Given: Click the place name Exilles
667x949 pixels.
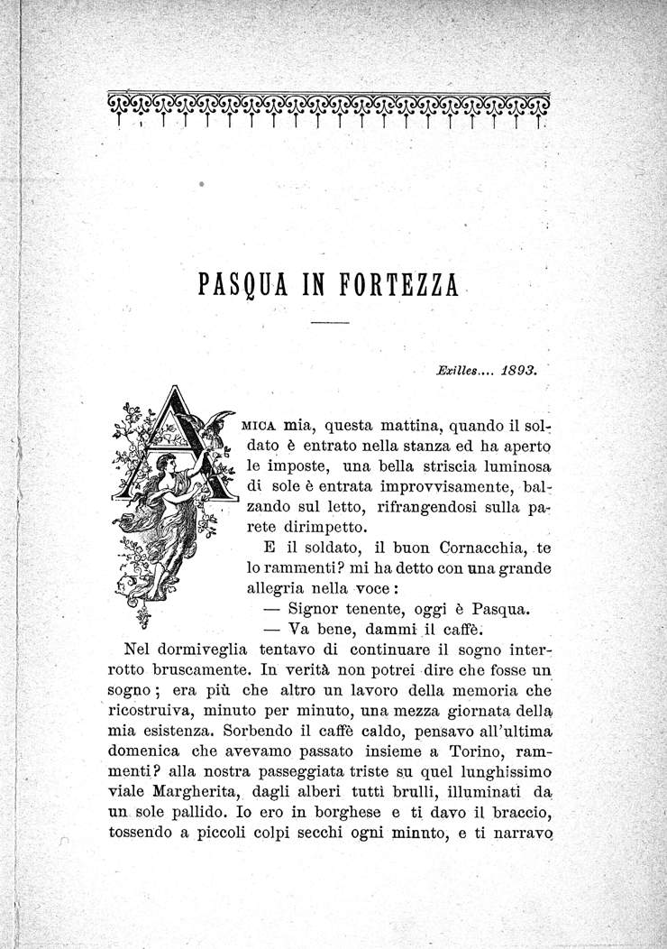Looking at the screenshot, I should coord(458,369).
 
